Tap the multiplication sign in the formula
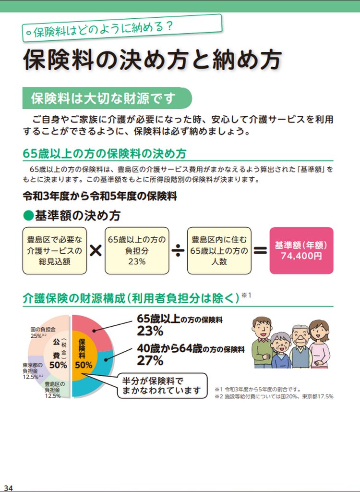pyautogui.click(x=96, y=251)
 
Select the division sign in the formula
pyautogui.click(x=178, y=251)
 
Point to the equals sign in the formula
pyautogui.click(x=260, y=251)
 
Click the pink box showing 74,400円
pyautogui.click(x=301, y=250)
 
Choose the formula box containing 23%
pyautogui.click(x=137, y=251)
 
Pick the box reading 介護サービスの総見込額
pyautogui.click(x=55, y=251)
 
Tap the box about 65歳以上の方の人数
pyautogui.click(x=219, y=251)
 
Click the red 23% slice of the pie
pyautogui.click(x=94, y=330)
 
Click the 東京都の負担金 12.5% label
pyautogui.click(x=33, y=371)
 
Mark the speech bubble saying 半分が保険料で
pyautogui.click(x=162, y=386)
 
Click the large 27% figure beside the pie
pyautogui.click(x=150, y=360)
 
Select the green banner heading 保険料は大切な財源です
pyautogui.click(x=107, y=98)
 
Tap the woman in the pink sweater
pyautogui.click(x=320, y=344)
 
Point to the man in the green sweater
pyautogui.click(x=262, y=342)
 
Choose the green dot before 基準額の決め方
pyautogui.click(x=28, y=216)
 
